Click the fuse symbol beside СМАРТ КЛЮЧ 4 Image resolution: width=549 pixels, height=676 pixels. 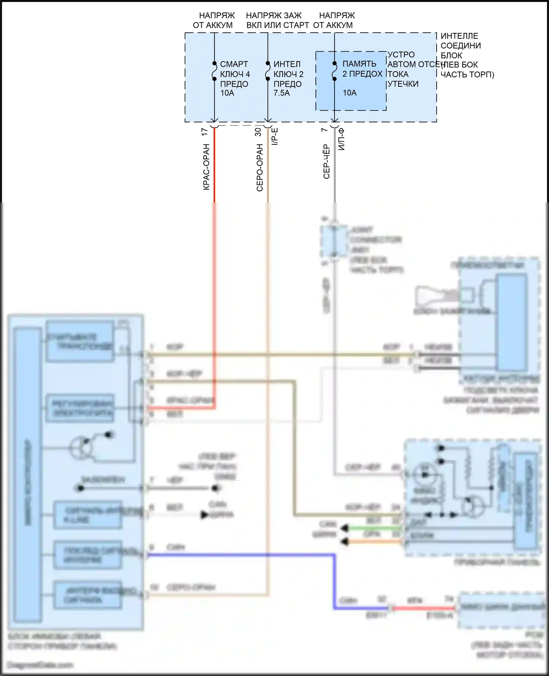(x=214, y=71)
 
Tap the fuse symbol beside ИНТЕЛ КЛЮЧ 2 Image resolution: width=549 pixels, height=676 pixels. (x=268, y=71)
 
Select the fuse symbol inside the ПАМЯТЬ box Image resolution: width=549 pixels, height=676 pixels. (x=335, y=71)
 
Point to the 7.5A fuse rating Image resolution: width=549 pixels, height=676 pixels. (x=281, y=93)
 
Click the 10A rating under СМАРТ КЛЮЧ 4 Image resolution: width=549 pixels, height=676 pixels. (x=227, y=93)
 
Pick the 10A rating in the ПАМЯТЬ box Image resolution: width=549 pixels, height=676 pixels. (x=350, y=93)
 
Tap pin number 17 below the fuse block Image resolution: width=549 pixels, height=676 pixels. (x=205, y=132)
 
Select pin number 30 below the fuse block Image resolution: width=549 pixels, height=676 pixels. (x=258, y=132)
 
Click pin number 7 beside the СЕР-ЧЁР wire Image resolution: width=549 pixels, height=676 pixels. (x=324, y=130)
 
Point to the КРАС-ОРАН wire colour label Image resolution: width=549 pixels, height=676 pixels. (x=206, y=167)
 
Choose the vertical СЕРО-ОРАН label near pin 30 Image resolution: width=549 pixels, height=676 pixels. (x=260, y=168)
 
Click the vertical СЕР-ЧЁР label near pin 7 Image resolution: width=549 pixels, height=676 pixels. (x=326, y=161)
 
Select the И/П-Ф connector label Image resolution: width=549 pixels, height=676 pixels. (x=341, y=139)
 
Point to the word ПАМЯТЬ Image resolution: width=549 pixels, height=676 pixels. (x=359, y=64)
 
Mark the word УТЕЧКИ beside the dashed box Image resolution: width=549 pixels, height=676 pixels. (x=403, y=84)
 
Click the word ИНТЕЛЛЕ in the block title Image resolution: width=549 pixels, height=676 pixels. (x=459, y=36)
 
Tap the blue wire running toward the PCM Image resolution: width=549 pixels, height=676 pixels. (x=334, y=582)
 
